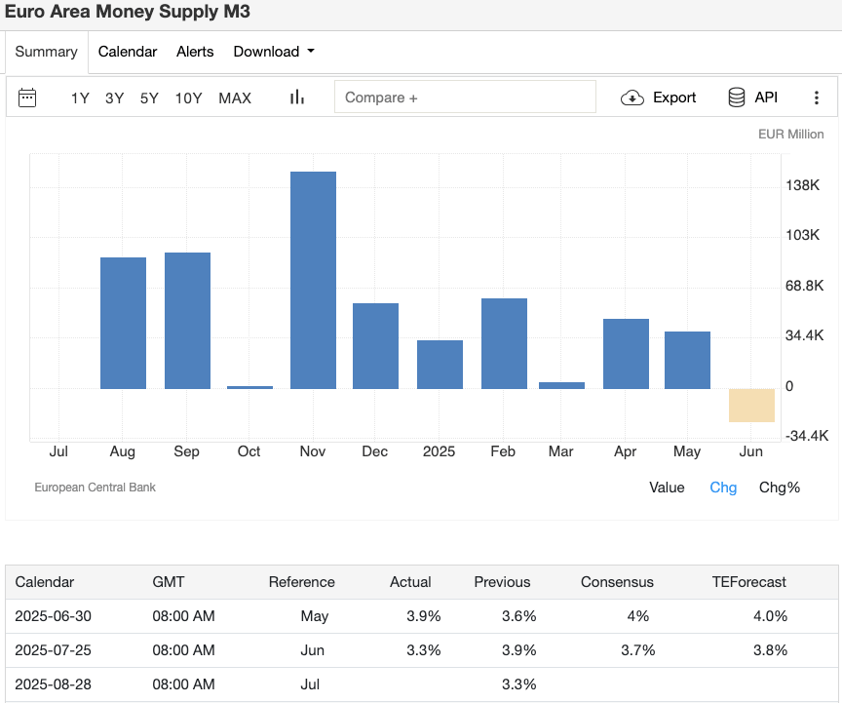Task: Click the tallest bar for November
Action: (x=313, y=280)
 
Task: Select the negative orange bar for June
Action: (x=751, y=405)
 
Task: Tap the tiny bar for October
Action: (x=249, y=387)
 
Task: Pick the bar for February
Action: (x=504, y=343)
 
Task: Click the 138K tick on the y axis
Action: (x=802, y=185)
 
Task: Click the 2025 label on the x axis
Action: (x=440, y=451)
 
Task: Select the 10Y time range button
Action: (x=188, y=98)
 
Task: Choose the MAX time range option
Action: (x=235, y=98)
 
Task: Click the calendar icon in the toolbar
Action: (x=27, y=98)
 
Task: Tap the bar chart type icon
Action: (x=297, y=98)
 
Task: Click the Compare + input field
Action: (x=465, y=98)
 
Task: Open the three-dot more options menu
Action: (x=817, y=98)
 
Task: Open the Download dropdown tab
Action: (x=274, y=52)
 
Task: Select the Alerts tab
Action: (x=195, y=52)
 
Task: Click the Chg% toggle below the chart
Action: (x=779, y=488)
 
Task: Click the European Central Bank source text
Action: (x=95, y=488)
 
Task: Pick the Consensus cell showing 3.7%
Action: (x=638, y=650)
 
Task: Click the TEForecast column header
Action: (x=748, y=582)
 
